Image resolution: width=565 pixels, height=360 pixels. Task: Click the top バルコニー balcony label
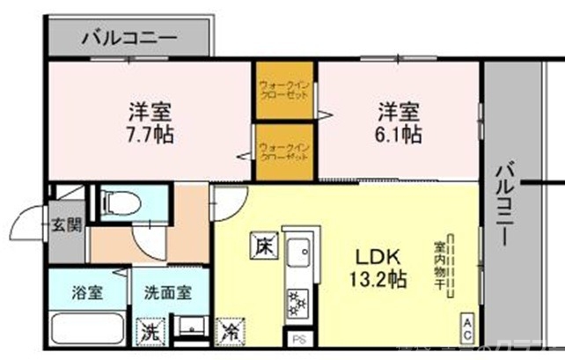129,39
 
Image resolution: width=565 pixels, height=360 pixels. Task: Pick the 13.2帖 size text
379,280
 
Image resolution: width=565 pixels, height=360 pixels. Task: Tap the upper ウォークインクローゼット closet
285,91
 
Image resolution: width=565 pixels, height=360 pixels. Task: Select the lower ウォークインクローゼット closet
285,152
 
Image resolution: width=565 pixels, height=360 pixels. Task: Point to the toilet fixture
119,203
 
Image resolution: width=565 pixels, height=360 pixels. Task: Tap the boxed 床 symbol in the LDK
263,246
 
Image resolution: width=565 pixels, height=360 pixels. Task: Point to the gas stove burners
296,302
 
